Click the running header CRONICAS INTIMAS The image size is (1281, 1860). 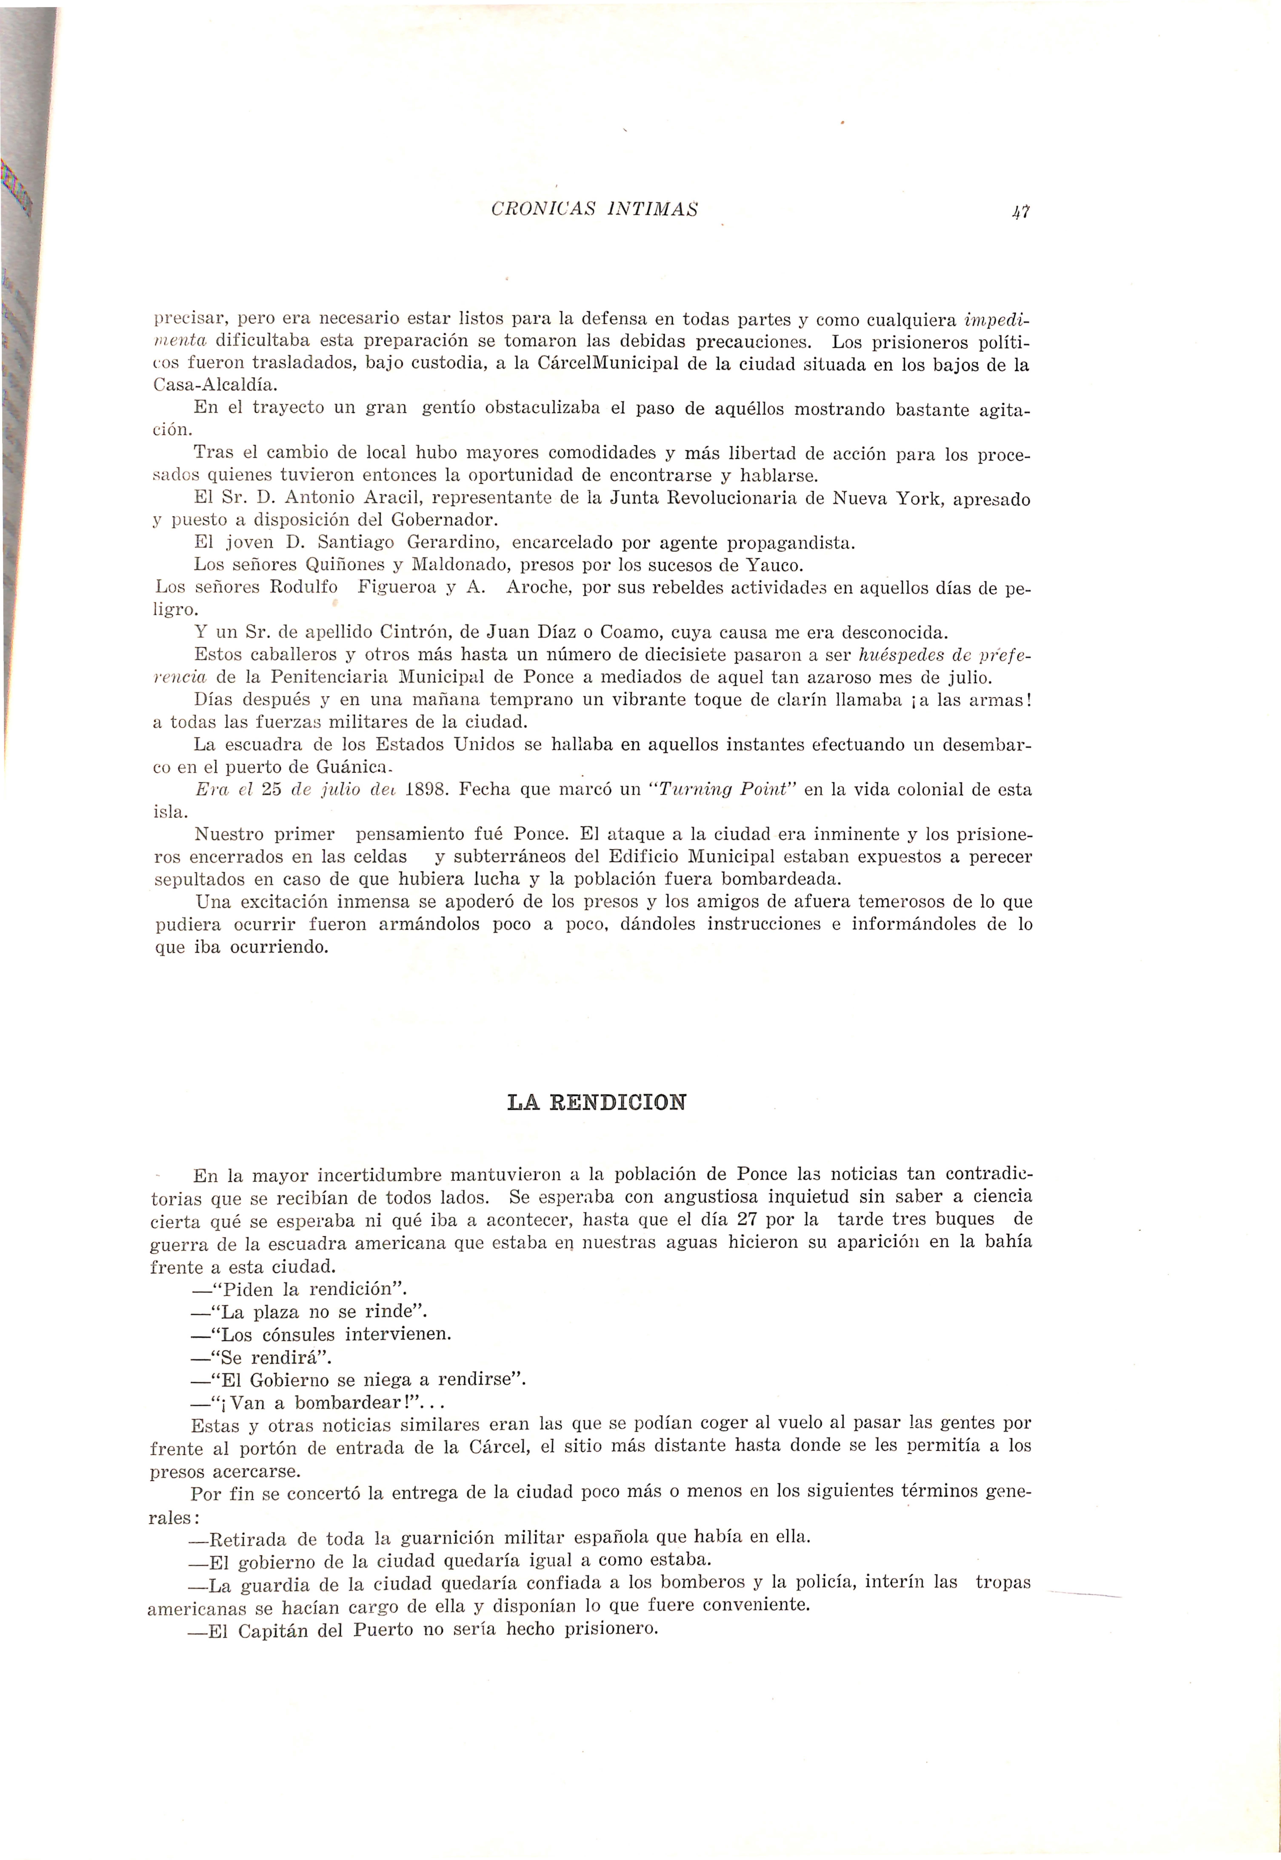[x=594, y=210]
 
